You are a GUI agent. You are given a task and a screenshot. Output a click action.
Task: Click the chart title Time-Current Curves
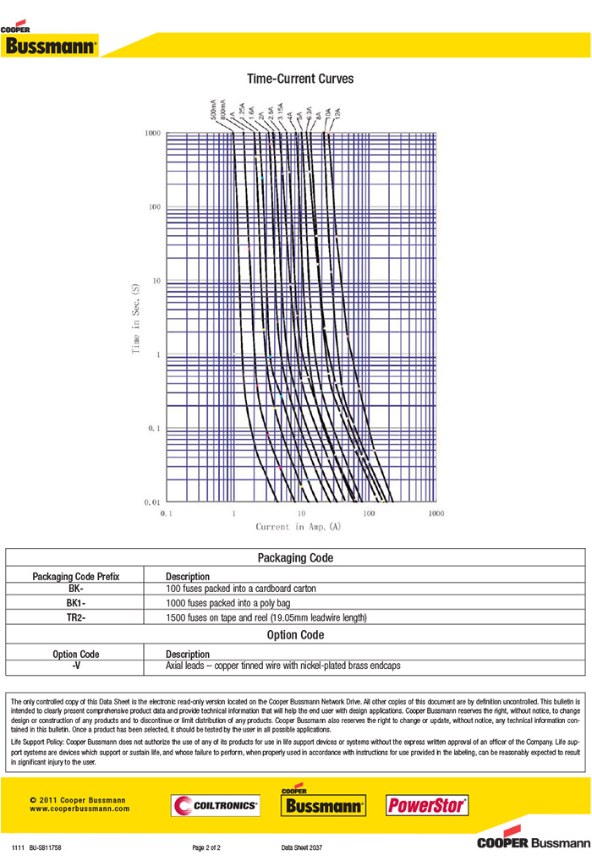pyautogui.click(x=300, y=79)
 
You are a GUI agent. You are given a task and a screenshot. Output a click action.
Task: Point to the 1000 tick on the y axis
pyautogui.click(x=152, y=134)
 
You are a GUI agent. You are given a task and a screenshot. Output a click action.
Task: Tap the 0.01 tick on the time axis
pyautogui.click(x=151, y=502)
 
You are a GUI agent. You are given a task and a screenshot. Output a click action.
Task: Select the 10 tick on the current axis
pyautogui.click(x=301, y=513)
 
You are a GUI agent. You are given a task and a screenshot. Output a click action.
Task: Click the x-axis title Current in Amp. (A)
pyautogui.click(x=299, y=527)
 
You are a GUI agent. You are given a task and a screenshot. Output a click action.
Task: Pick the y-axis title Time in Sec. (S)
pyautogui.click(x=135, y=319)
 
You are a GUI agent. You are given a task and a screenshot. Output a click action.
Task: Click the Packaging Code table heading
pyautogui.click(x=295, y=558)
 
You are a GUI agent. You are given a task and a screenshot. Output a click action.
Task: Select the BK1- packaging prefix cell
pyautogui.click(x=76, y=603)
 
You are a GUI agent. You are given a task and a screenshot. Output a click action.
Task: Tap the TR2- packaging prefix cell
pyautogui.click(x=76, y=618)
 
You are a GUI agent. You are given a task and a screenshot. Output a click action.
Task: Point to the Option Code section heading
pyautogui.click(x=295, y=635)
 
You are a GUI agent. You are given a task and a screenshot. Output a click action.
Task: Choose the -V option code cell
pyautogui.click(x=76, y=666)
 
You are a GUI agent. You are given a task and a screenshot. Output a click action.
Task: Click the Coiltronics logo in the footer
pyautogui.click(x=215, y=806)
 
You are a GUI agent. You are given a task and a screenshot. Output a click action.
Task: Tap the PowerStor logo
pyautogui.click(x=427, y=805)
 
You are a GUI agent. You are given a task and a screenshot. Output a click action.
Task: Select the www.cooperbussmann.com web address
pyautogui.click(x=79, y=808)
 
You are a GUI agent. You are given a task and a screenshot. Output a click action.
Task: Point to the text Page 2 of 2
pyautogui.click(x=207, y=847)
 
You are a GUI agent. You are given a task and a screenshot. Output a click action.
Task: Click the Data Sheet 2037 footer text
pyautogui.click(x=302, y=847)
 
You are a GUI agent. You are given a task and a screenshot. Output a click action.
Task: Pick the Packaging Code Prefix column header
pyautogui.click(x=76, y=576)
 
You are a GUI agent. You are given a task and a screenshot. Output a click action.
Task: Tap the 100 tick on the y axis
pyautogui.click(x=155, y=207)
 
